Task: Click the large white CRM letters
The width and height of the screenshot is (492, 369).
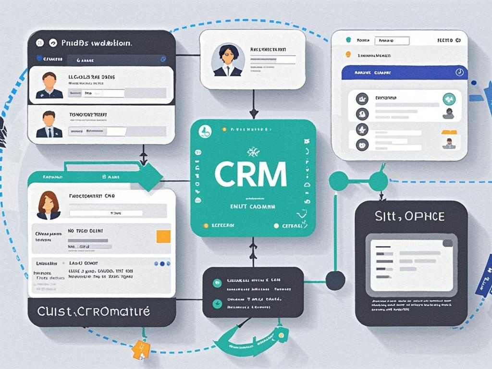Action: click(x=250, y=174)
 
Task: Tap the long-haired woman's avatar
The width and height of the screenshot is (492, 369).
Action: click(x=49, y=205)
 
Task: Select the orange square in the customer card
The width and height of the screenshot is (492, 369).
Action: click(x=163, y=236)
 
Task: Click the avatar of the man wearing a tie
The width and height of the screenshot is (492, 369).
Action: click(x=49, y=124)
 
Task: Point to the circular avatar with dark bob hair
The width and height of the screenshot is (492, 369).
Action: click(x=228, y=60)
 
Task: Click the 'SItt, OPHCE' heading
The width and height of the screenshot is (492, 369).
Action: click(x=410, y=217)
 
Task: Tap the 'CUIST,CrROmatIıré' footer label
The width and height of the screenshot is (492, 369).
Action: click(x=94, y=311)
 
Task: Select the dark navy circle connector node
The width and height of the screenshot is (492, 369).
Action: click(x=335, y=280)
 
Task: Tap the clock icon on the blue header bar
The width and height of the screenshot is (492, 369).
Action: click(x=459, y=72)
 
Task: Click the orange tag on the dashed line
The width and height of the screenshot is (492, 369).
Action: click(x=140, y=349)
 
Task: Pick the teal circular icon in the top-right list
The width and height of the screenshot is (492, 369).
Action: click(x=449, y=98)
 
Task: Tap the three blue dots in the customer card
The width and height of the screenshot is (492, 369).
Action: click(x=162, y=264)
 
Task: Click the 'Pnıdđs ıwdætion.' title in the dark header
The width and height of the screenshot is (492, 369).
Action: click(x=97, y=43)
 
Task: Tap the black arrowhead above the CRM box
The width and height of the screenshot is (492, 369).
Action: click(x=254, y=113)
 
